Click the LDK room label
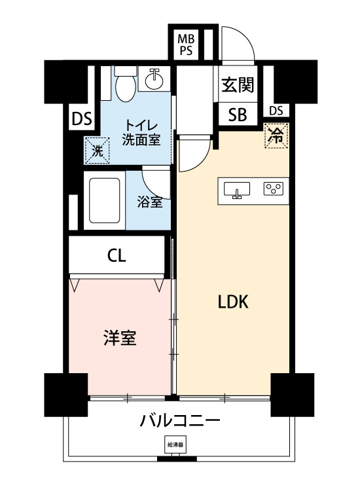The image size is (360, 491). (x=232, y=302)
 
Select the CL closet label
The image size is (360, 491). (x=117, y=255)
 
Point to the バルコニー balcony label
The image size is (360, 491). (x=179, y=420)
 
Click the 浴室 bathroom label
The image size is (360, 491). (x=150, y=202)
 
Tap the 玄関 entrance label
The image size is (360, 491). (x=237, y=85)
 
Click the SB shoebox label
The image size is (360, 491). (x=237, y=115)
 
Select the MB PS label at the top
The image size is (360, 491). (x=185, y=45)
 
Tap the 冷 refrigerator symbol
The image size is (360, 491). (x=276, y=136)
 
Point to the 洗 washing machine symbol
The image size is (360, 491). (x=96, y=150)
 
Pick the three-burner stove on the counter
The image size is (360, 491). (x=273, y=190)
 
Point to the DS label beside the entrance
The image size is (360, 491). (x=276, y=110)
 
